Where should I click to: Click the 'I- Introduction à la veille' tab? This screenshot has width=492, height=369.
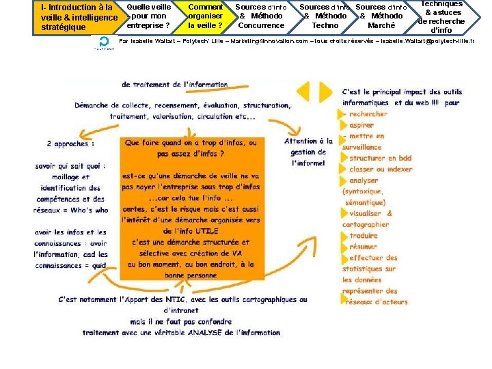[77, 17]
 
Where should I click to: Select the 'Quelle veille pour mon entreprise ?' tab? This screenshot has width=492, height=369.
[148, 16]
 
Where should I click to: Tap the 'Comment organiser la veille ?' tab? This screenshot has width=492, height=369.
[205, 16]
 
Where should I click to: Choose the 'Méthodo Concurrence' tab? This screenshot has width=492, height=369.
[260, 16]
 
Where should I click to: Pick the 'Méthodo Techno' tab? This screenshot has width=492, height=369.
[325, 16]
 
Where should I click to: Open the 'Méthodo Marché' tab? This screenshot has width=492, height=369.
[381, 16]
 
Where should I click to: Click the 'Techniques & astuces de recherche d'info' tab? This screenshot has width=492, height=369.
[443, 17]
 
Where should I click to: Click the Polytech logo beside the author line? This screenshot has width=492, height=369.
[104, 42]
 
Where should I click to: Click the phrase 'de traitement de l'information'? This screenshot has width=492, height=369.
[175, 85]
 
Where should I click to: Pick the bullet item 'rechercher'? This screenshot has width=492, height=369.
[368, 114]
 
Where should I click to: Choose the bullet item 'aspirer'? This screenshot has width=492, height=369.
[361, 125]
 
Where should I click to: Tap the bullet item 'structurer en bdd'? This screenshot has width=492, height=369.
[381, 159]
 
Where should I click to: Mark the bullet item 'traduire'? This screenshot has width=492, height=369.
[364, 235]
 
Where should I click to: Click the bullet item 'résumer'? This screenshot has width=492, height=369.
[363, 246]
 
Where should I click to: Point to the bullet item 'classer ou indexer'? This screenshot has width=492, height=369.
[381, 169]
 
